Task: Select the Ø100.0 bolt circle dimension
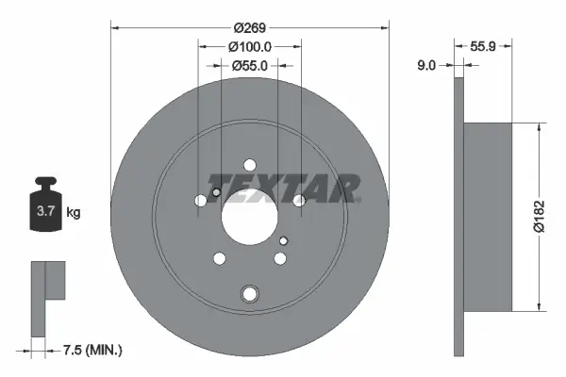(x=250, y=45)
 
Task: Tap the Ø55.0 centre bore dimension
(x=250, y=65)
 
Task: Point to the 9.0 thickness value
(x=425, y=65)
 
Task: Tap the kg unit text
(x=74, y=212)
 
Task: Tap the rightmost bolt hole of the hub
(x=299, y=201)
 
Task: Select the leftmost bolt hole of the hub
(x=200, y=201)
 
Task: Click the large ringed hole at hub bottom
(x=249, y=293)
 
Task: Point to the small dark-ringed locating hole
(x=215, y=194)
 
